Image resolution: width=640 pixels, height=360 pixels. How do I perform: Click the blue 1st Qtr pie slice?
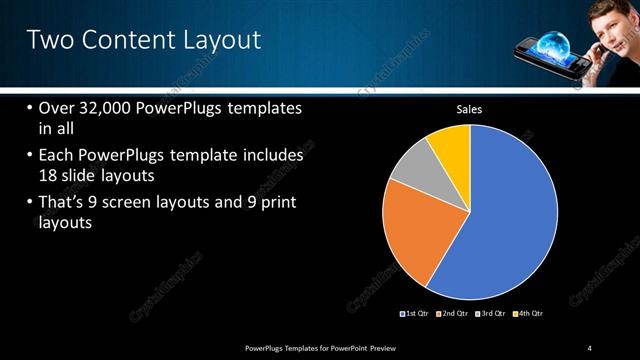(x=510, y=220)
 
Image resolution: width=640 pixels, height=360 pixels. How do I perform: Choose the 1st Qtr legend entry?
(x=414, y=313)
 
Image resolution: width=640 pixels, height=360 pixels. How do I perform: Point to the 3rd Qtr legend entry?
(x=491, y=313)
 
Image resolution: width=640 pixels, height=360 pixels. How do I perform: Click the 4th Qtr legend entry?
(x=528, y=313)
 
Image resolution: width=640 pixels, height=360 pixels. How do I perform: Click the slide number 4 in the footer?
(x=590, y=347)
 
